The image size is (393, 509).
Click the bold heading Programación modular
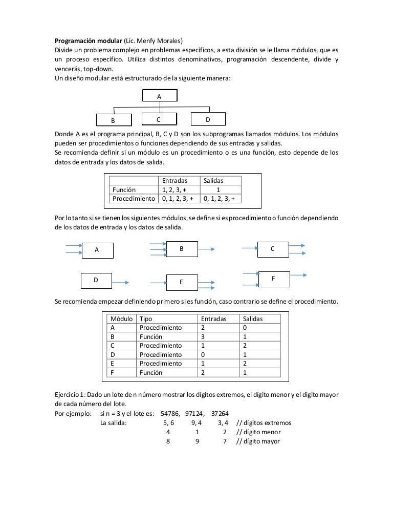[x=89, y=41]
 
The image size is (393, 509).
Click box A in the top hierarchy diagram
[x=160, y=96]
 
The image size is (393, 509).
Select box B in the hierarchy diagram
[x=113, y=120]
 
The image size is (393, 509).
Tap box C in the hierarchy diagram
[x=159, y=119]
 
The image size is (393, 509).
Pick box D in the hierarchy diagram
[x=207, y=119]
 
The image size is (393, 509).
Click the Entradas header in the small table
[x=174, y=180]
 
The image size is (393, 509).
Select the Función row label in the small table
[x=124, y=189]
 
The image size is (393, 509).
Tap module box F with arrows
[x=273, y=278]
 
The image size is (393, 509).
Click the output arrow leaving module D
[x=121, y=282]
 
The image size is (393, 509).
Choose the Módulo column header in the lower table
[x=122, y=319]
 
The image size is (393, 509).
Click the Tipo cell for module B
[x=151, y=337]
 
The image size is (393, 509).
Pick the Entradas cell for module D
[x=203, y=354]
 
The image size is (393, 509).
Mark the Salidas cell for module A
[x=246, y=328]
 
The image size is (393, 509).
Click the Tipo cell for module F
[x=151, y=373]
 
